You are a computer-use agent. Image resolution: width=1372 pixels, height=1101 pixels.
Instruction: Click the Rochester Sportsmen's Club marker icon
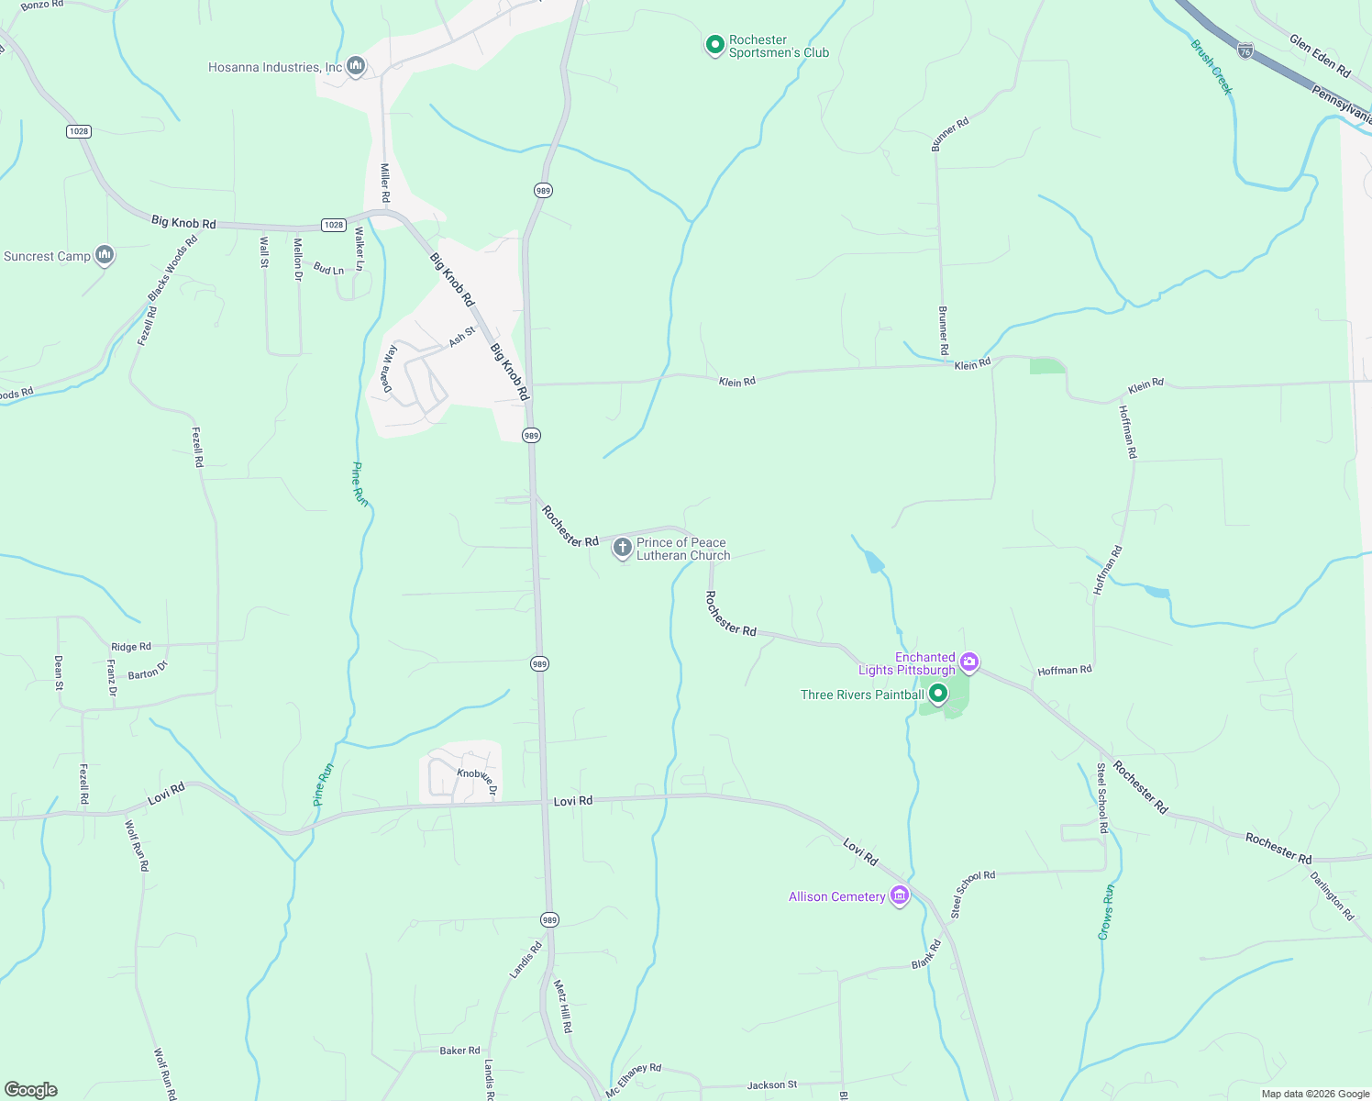pyautogui.click(x=714, y=45)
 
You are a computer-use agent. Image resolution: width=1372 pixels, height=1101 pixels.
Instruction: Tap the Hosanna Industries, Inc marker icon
pyautogui.click(x=356, y=66)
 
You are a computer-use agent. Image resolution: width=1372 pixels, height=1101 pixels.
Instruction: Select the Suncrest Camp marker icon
pyautogui.click(x=105, y=255)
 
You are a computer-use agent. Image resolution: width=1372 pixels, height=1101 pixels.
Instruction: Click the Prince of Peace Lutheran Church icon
pyautogui.click(x=622, y=549)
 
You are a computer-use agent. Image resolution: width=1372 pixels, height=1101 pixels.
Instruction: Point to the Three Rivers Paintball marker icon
pyautogui.click(x=937, y=695)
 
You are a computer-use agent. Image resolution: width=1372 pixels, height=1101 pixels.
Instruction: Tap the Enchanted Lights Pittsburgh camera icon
pyautogui.click(x=969, y=662)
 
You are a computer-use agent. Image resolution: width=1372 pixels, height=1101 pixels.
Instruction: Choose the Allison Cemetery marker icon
pyautogui.click(x=899, y=895)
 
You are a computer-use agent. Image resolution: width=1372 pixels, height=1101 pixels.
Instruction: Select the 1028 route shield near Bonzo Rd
pyautogui.click(x=79, y=131)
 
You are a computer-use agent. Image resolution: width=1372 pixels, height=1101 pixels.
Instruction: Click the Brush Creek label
pyautogui.click(x=1212, y=67)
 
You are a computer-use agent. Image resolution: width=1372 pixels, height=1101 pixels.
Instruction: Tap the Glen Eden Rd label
pyautogui.click(x=1320, y=56)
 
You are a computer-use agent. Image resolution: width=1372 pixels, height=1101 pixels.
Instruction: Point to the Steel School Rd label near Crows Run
pyautogui.click(x=1102, y=797)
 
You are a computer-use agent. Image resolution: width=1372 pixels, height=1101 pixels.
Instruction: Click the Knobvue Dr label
pyautogui.click(x=477, y=779)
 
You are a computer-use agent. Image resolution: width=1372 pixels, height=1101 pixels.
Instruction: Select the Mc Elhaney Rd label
pyautogui.click(x=634, y=1079)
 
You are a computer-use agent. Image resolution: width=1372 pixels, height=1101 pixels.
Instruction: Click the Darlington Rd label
pyautogui.click(x=1332, y=895)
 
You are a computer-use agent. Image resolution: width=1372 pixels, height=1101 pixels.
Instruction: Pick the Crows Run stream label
pyautogui.click(x=1107, y=911)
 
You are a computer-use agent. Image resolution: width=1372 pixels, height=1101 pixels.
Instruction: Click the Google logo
pyautogui.click(x=31, y=1089)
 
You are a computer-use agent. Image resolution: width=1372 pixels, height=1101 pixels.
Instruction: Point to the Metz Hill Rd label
pyautogui.click(x=562, y=1006)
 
